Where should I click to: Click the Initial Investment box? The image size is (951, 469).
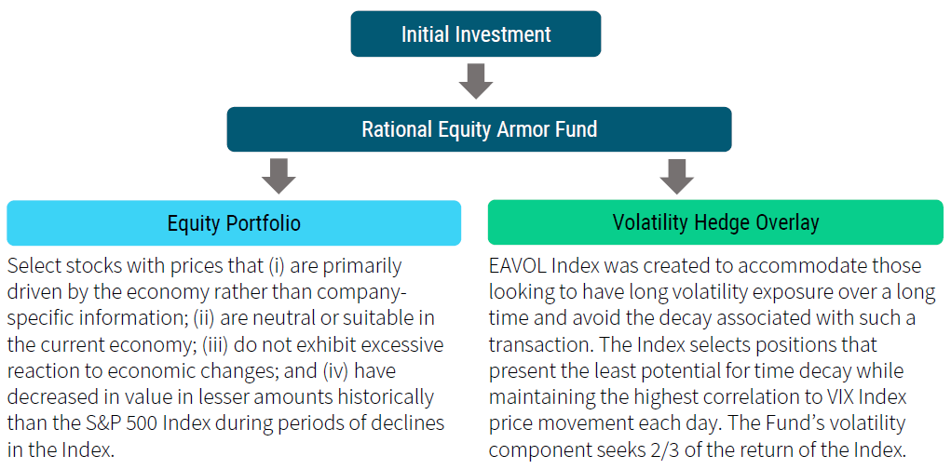click(x=475, y=33)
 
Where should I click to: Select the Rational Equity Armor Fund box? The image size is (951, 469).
click(x=479, y=129)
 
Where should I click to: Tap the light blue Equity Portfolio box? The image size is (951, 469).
click(x=234, y=223)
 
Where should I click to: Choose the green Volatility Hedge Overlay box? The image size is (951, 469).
click(x=715, y=222)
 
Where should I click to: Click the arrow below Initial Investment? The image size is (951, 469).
click(x=475, y=81)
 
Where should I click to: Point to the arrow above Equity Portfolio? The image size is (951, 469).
click(x=279, y=176)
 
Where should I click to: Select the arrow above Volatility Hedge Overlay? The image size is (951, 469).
click(x=677, y=176)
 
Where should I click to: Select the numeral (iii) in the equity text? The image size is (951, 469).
click(x=217, y=345)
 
